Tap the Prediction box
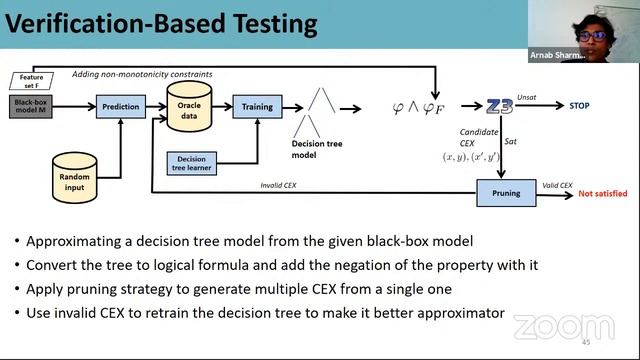121,106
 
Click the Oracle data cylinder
188,106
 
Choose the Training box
257,106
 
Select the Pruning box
505,193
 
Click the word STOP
579,105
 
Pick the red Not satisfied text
605,194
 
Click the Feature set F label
30,79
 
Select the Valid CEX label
556,185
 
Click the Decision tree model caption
318,149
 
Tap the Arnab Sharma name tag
556,56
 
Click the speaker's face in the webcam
591,32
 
